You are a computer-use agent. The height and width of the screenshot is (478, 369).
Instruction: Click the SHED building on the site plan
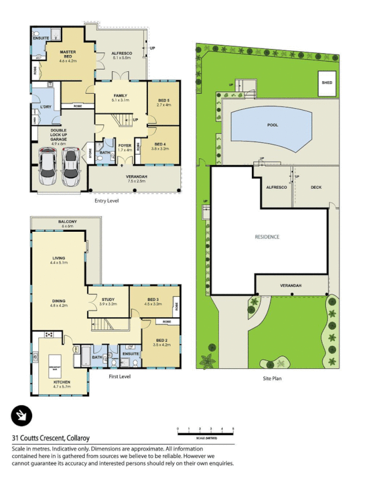point(327,82)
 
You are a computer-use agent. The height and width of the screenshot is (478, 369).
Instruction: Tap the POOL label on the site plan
point(272,126)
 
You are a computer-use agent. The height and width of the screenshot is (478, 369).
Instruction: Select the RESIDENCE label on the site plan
point(267,237)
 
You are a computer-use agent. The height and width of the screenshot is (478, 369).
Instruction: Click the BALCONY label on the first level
point(67,222)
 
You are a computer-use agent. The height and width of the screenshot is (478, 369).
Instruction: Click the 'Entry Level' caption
point(107,201)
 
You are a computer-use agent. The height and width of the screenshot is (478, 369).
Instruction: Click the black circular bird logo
point(21,415)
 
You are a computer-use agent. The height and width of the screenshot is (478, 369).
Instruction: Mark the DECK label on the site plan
point(316,187)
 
